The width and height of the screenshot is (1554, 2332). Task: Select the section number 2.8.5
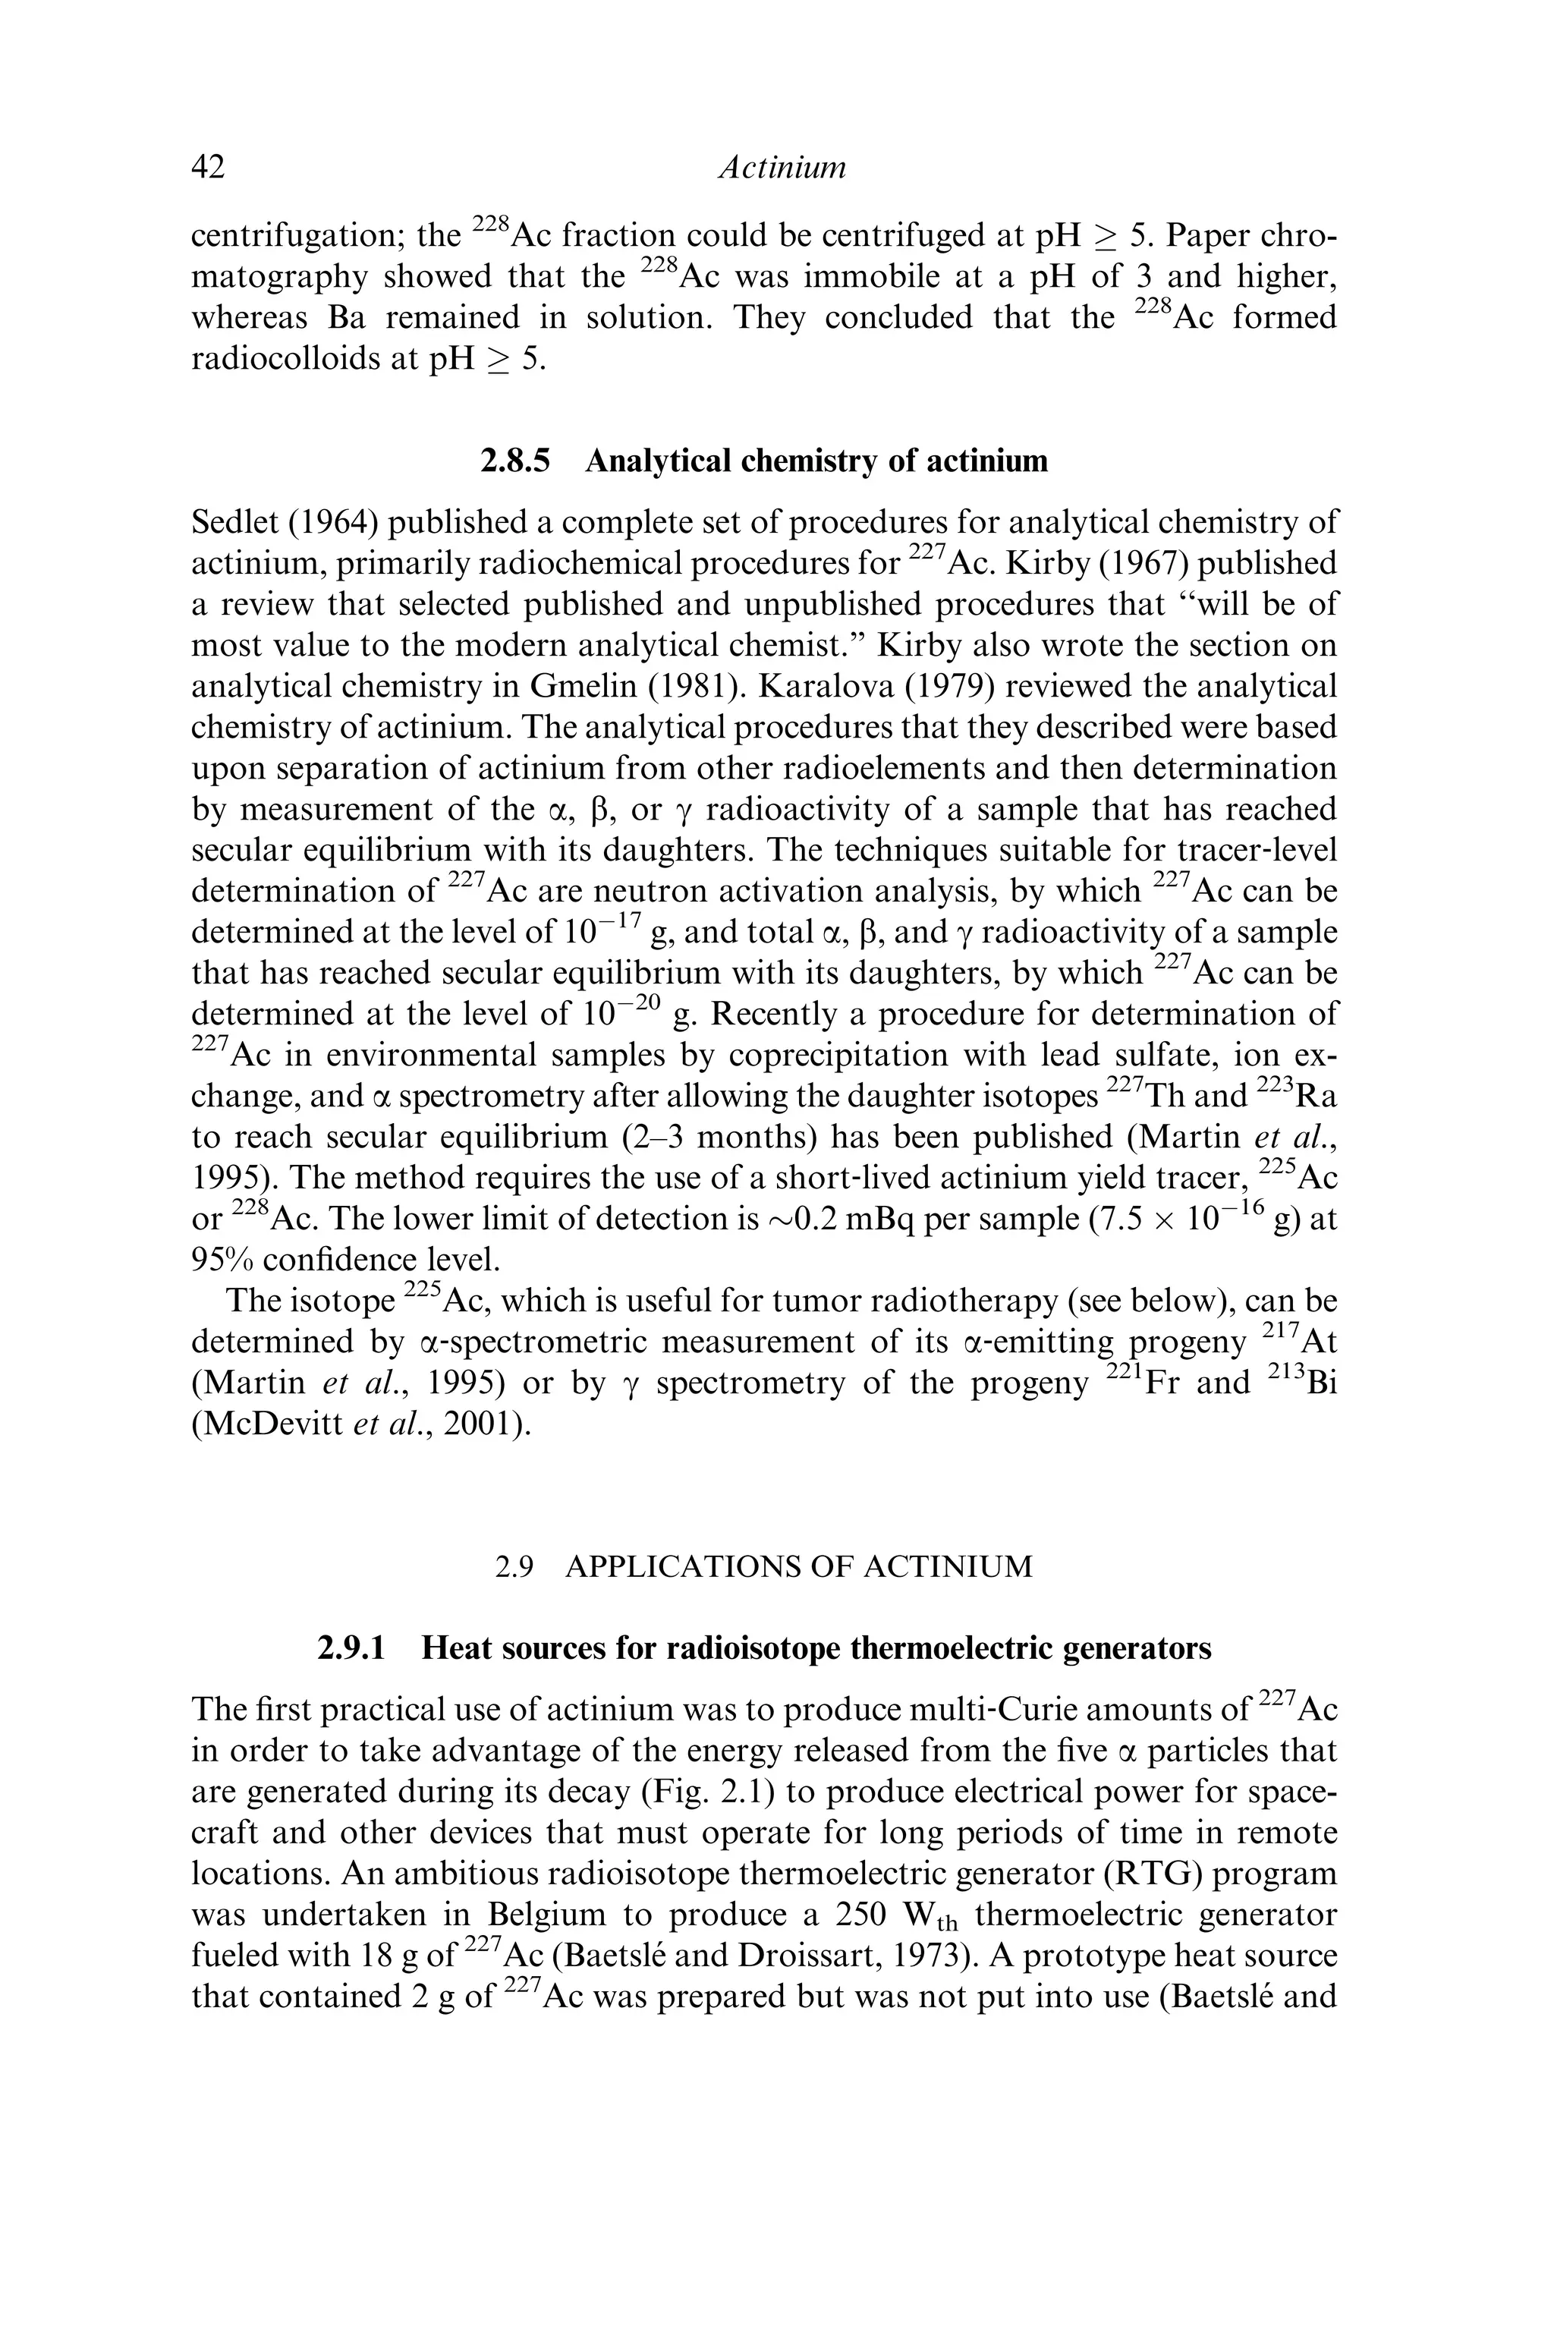(515, 461)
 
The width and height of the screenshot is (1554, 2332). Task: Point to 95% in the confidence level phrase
(222, 1260)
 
